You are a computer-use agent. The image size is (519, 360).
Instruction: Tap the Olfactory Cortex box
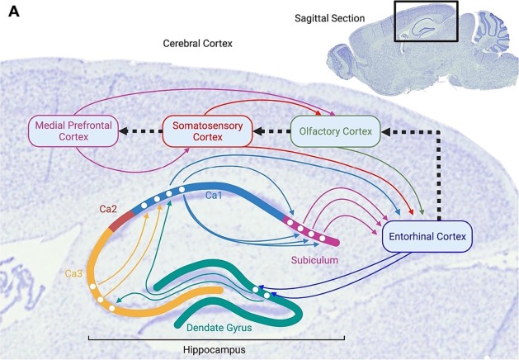(334, 130)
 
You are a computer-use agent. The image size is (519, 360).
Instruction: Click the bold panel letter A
(14, 13)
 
